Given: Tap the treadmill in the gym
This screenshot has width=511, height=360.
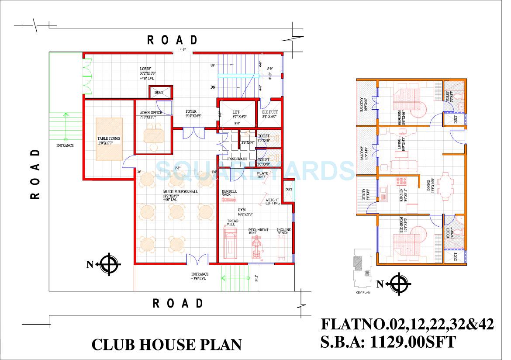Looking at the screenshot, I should (231, 245).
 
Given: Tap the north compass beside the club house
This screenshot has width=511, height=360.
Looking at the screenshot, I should (107, 264).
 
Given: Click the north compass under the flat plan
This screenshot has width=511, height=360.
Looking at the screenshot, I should (398, 284).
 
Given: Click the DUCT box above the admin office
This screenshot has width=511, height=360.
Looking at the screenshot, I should (159, 93).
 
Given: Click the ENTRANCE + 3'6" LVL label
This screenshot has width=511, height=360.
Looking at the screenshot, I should (199, 276).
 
